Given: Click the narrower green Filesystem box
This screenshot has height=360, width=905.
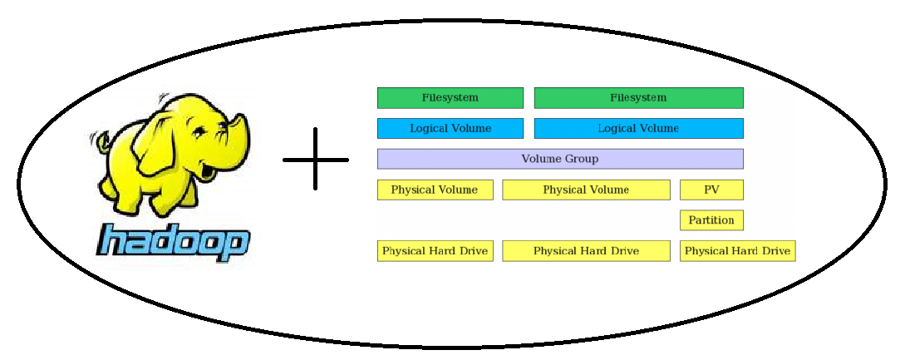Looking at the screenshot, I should pyautogui.click(x=450, y=98).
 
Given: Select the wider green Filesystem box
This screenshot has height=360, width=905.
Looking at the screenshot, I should pyautogui.click(x=638, y=98).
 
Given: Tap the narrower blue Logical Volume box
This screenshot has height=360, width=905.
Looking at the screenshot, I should pyautogui.click(x=450, y=129).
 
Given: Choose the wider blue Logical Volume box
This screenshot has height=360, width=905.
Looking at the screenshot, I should pyautogui.click(x=638, y=129).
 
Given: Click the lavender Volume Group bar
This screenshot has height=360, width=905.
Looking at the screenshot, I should pyautogui.click(x=559, y=159).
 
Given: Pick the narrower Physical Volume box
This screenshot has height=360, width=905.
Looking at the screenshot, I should pyautogui.click(x=435, y=190).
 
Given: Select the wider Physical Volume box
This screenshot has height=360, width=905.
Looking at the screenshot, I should pyautogui.click(x=586, y=190).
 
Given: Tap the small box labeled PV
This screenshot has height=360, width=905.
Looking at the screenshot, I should pyautogui.click(x=711, y=190).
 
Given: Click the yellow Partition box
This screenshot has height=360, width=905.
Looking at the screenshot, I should pyautogui.click(x=711, y=220).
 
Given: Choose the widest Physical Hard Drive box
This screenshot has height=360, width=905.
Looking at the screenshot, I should pyautogui.click(x=586, y=251).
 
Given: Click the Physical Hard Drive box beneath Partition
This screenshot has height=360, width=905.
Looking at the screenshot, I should pyautogui.click(x=737, y=251).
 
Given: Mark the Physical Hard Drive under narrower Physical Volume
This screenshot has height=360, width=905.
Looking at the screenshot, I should pyautogui.click(x=435, y=251).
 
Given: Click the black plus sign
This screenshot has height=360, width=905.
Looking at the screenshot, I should pyautogui.click(x=316, y=159).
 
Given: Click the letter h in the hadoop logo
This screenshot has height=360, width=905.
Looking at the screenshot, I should pyautogui.click(x=114, y=241).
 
